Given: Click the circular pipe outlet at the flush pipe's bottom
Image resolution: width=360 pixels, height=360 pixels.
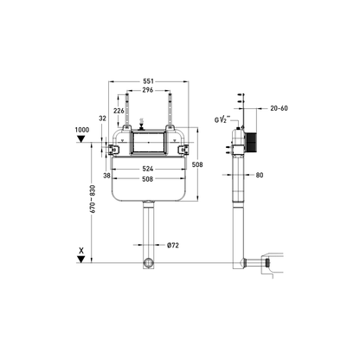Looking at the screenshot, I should (x=150, y=262).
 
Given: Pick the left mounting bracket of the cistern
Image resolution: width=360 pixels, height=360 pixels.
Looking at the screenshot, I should (x=113, y=144).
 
